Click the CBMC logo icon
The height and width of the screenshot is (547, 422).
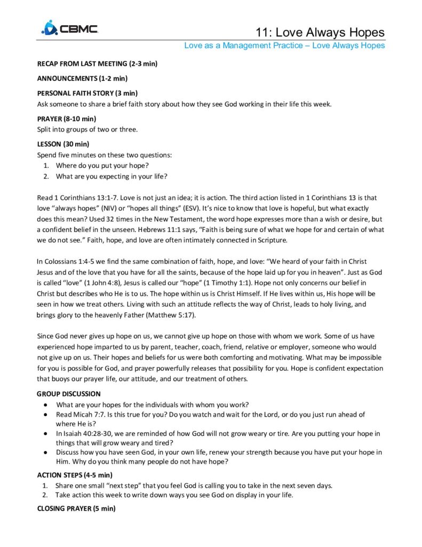tap(50, 28)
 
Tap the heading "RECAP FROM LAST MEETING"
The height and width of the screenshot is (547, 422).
tap(97, 64)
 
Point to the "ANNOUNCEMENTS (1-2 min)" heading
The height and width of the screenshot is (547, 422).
tap(82, 79)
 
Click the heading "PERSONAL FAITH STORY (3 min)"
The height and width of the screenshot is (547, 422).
tap(87, 93)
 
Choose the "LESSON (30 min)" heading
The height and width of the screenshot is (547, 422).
tap(63, 144)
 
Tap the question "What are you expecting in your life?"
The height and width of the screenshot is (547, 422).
tap(114, 176)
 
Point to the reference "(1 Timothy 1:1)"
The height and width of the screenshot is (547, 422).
tap(232, 282)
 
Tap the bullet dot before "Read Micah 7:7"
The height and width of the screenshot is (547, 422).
tap(49, 415)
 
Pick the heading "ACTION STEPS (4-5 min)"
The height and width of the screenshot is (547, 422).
tap(75, 475)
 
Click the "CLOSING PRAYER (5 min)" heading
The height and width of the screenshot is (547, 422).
tap(76, 509)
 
